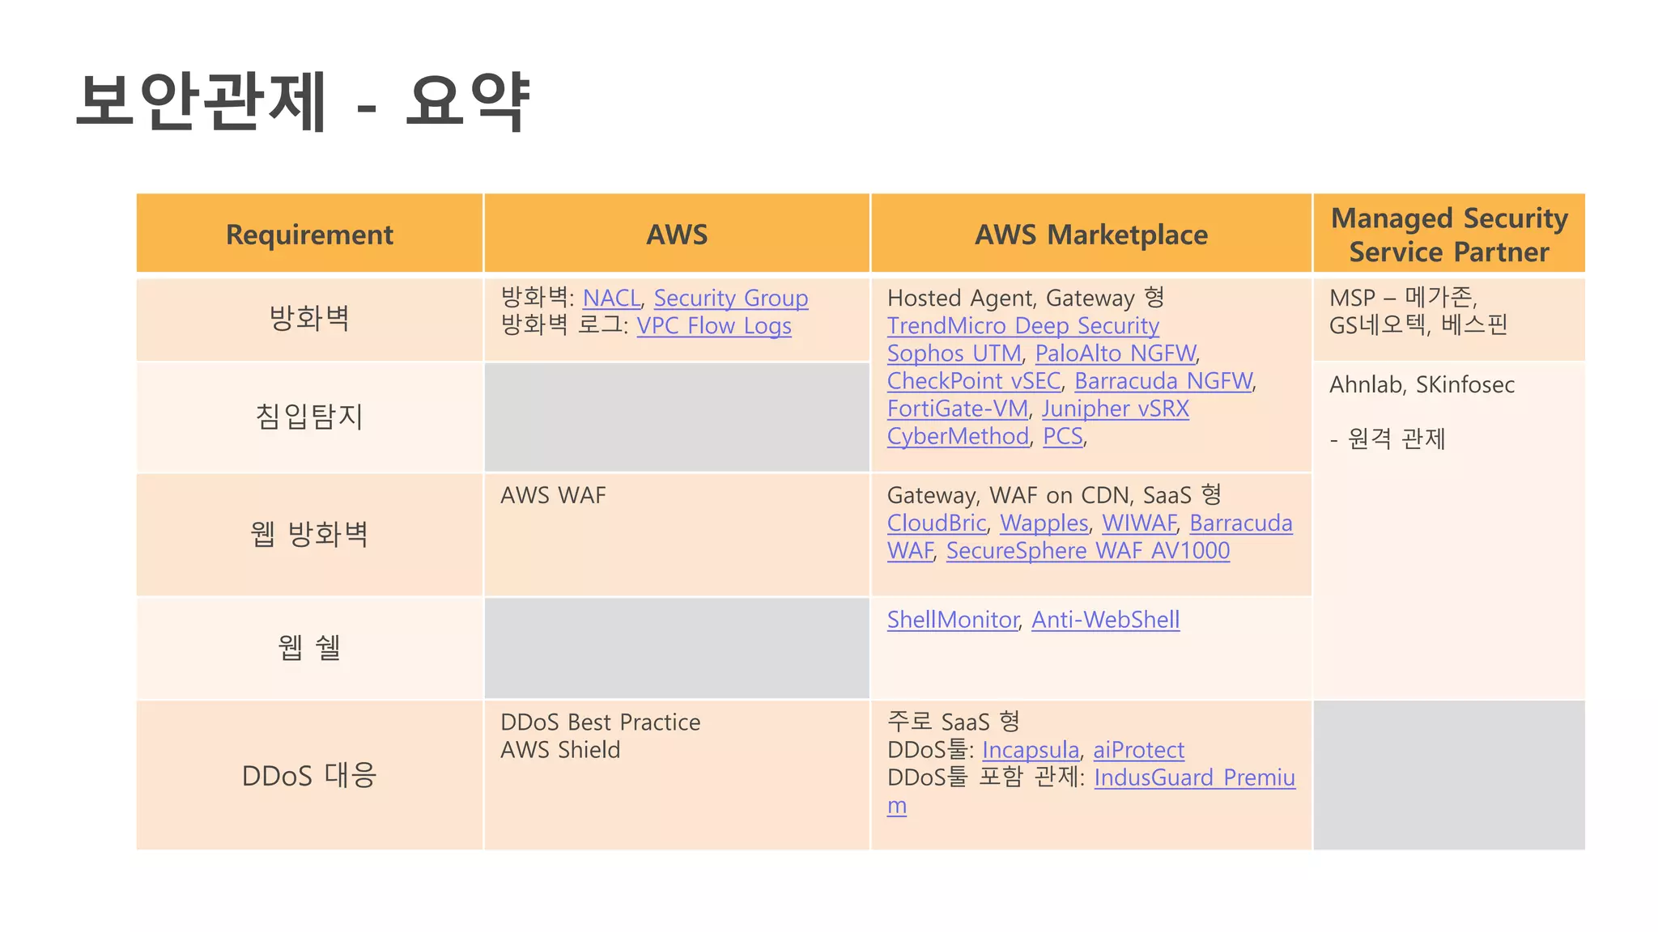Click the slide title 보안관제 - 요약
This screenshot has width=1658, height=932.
[304, 101]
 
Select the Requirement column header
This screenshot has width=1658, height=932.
[309, 235]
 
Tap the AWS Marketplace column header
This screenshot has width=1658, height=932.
[1090, 235]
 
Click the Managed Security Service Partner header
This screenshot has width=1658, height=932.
[1449, 235]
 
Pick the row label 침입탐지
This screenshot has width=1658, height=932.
[309, 417]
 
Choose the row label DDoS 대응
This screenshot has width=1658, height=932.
[309, 776]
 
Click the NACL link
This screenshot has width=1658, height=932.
[611, 299]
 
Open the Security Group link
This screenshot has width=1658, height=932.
[730, 299]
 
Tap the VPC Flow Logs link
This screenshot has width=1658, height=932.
[713, 326]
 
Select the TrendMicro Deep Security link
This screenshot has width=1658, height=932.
[1022, 326]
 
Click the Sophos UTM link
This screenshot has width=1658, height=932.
[954, 354]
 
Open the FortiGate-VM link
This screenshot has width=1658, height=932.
[957, 409]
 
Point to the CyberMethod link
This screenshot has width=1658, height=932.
[958, 436]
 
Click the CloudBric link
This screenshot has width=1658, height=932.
[936, 523]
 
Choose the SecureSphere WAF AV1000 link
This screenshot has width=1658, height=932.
[1087, 551]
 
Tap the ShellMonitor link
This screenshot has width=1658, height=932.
[952, 620]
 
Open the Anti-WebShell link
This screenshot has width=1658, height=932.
[1105, 620]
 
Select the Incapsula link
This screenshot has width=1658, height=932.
[1030, 750]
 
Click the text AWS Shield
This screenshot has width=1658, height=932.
[560, 750]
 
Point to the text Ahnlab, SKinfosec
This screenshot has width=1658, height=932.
[1422, 385]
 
